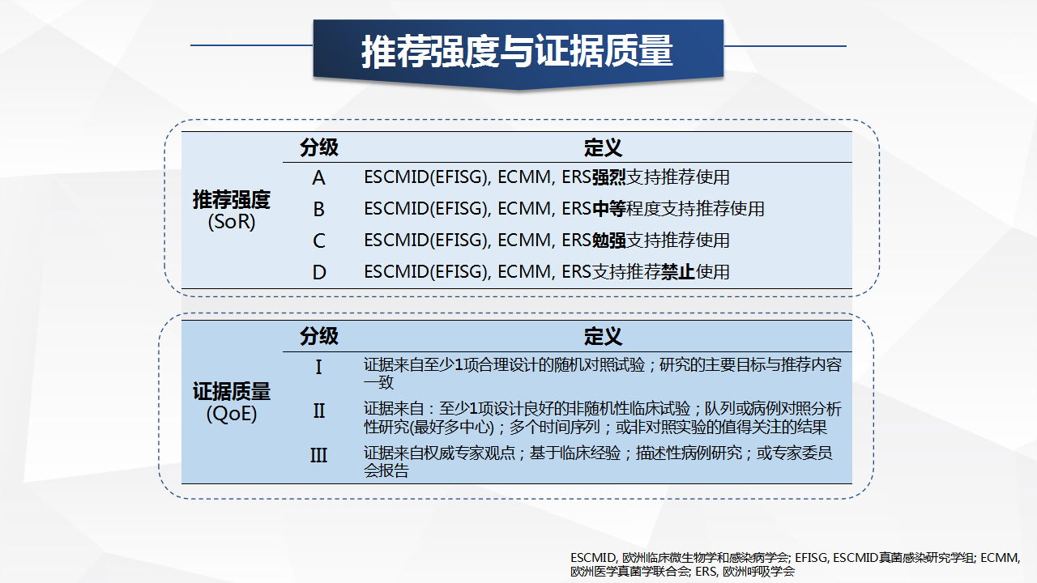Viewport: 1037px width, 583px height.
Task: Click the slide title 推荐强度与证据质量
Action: click(517, 51)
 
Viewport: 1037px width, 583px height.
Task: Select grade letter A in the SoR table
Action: click(318, 177)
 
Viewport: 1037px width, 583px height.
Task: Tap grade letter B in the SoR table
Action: click(318, 209)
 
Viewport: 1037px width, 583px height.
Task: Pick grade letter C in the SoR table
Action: click(318, 240)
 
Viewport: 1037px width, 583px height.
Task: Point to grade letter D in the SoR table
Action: click(319, 272)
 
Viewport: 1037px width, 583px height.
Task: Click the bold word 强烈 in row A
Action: click(608, 177)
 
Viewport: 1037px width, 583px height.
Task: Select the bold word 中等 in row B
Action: click(608, 209)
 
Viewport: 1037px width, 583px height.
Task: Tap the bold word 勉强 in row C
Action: click(608, 240)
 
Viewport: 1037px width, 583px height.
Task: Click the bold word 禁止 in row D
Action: click(678, 271)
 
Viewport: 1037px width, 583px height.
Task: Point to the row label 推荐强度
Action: click(232, 200)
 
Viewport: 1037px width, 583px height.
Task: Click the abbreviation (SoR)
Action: click(232, 222)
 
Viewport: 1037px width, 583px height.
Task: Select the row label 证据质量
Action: click(232, 391)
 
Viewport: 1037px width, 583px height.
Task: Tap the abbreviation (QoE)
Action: click(232, 414)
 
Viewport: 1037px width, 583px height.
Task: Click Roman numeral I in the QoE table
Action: click(318, 368)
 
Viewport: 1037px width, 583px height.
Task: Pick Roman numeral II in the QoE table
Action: click(319, 411)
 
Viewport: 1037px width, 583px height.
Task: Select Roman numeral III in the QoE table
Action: click(318, 455)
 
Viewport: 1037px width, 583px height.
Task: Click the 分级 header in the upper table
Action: click(319, 147)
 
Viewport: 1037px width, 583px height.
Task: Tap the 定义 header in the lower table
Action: click(603, 336)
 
